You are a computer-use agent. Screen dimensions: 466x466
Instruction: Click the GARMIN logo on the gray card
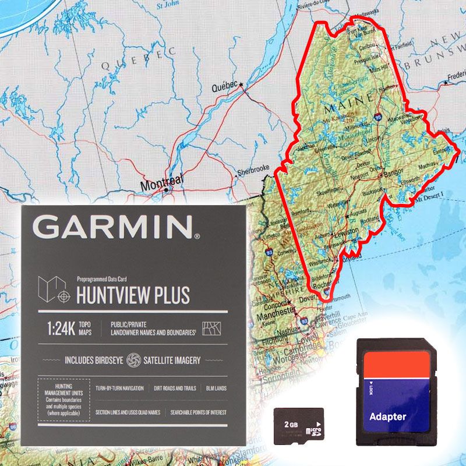[x=116, y=227]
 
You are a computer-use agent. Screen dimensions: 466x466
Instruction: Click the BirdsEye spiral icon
[x=133, y=360]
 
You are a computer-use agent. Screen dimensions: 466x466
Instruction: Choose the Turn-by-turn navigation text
[x=119, y=388]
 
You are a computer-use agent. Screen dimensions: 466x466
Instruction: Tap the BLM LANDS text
[x=216, y=388]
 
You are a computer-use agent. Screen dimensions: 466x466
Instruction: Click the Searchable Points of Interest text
[x=198, y=412]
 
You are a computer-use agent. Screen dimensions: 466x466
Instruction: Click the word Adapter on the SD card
[x=387, y=416]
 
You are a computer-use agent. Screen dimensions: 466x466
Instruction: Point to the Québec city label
[x=224, y=86]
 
